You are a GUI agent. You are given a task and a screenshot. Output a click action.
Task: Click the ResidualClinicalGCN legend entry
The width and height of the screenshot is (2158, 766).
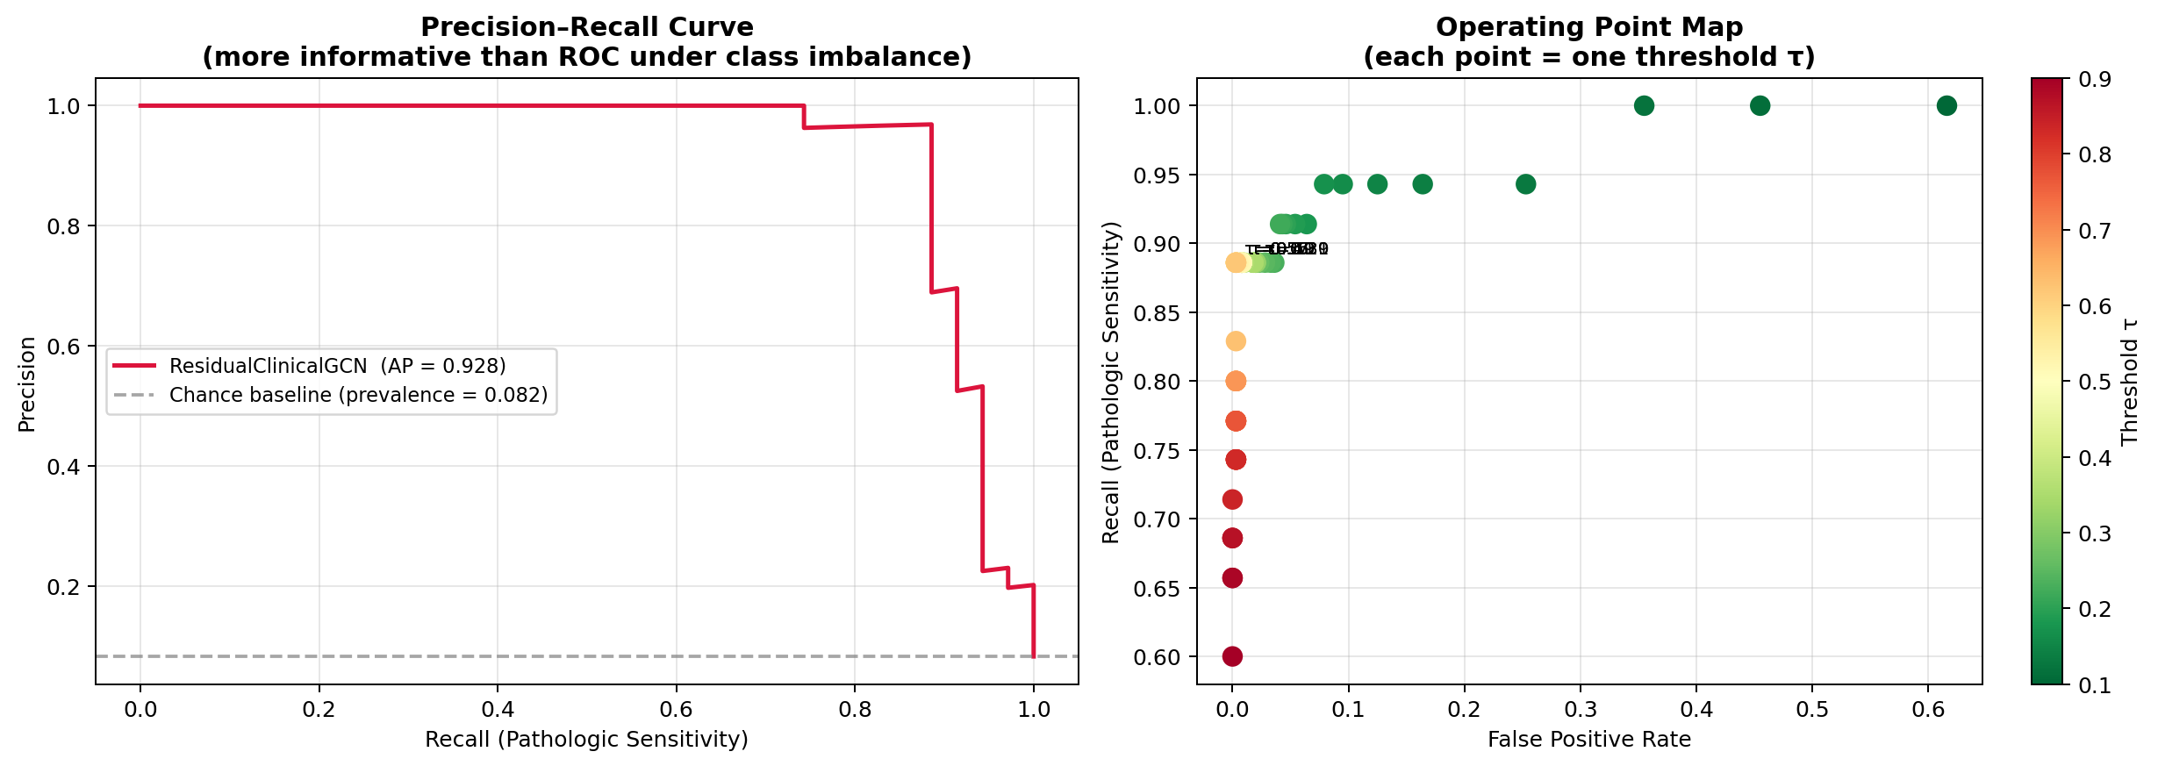[x=337, y=366]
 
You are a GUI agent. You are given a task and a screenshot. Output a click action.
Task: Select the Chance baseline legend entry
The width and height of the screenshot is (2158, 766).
[x=358, y=395]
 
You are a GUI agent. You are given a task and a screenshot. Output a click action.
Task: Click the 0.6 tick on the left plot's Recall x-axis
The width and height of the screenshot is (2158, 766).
[x=676, y=709]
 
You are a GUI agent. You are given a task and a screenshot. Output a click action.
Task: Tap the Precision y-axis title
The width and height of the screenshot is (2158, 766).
[x=26, y=384]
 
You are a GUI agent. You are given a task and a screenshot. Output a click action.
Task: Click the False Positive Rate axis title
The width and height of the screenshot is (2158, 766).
[x=1588, y=740]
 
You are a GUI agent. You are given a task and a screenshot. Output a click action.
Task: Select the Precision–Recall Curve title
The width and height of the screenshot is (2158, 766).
[x=586, y=27]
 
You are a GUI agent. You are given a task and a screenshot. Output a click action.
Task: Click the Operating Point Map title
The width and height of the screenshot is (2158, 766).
[x=1588, y=27]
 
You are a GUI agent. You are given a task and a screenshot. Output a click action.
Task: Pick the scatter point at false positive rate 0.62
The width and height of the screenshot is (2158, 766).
[x=1946, y=106]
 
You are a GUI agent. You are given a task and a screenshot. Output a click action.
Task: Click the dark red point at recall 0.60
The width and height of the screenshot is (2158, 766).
[x=1232, y=656]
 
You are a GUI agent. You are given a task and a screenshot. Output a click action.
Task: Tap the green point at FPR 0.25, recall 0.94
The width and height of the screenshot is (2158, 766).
[x=1525, y=184]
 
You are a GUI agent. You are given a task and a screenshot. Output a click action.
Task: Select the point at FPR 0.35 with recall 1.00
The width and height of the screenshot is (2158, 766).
[x=1644, y=106]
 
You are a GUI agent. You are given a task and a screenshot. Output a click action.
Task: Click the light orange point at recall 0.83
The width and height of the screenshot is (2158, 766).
[x=1236, y=341]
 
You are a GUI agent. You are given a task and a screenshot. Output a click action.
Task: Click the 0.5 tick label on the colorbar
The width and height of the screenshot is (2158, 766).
[x=2094, y=382]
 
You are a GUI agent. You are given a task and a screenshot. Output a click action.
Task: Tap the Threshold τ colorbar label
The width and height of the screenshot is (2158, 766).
[x=2129, y=382]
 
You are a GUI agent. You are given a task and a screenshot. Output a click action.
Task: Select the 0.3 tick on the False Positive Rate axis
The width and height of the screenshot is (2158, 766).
[x=1580, y=709]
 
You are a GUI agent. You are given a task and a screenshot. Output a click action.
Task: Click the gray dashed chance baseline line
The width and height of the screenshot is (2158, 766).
[x=527, y=656]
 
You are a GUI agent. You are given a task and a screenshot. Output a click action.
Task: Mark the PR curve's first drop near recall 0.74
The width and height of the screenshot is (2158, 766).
[x=804, y=117]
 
